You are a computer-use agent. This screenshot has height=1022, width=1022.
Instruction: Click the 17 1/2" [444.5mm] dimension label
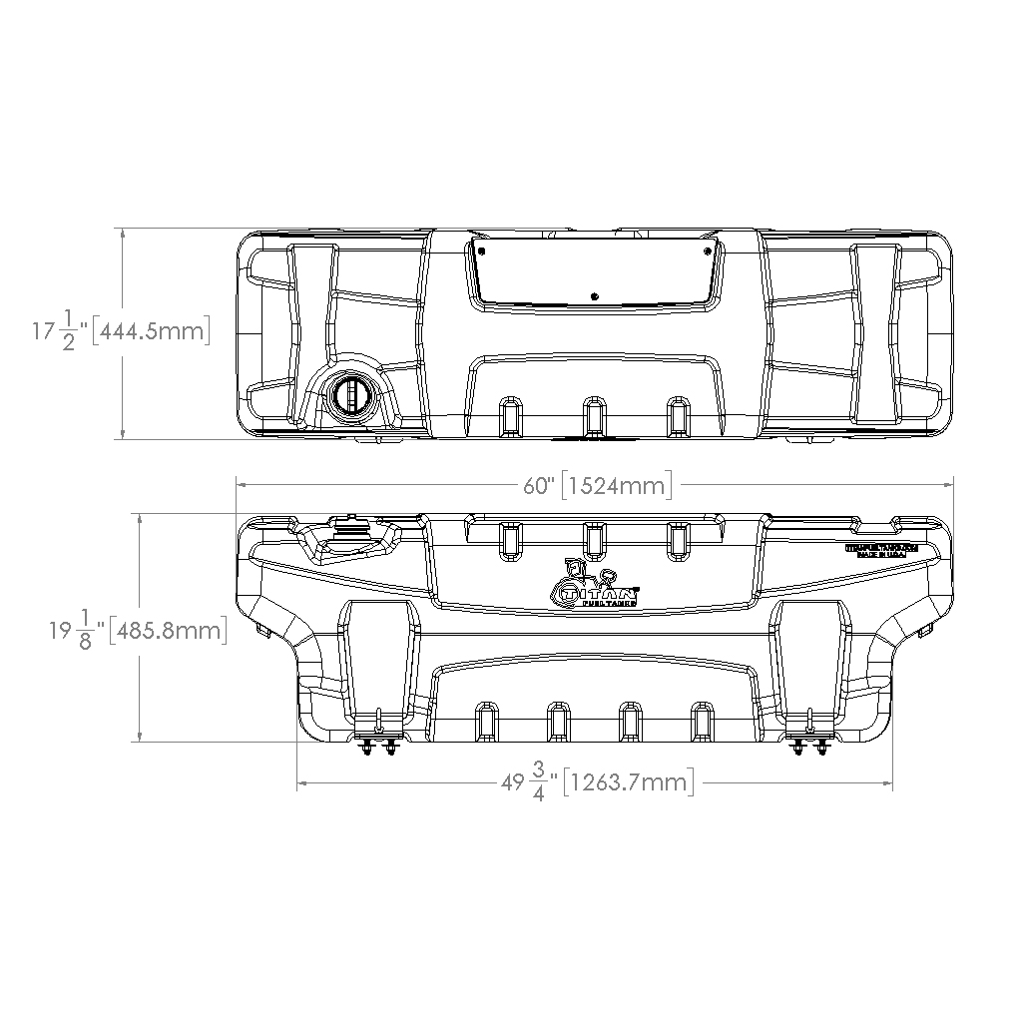pos(120,331)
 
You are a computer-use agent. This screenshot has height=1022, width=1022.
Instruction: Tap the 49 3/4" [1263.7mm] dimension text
pos(597,782)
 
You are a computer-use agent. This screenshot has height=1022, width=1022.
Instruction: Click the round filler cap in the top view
pos(351,394)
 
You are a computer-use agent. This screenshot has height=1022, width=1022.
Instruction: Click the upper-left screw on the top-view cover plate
pos(481,250)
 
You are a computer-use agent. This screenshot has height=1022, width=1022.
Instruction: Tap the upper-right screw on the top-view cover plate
pos(707,250)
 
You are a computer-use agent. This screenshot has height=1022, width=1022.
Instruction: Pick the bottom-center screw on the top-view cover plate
pos(594,295)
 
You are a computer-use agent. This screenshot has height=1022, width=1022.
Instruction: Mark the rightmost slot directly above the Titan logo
pos(679,539)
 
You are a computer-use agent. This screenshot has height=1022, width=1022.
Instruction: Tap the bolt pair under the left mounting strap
pos(378,747)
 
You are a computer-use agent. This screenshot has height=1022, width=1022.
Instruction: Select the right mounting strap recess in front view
pos(810,659)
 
